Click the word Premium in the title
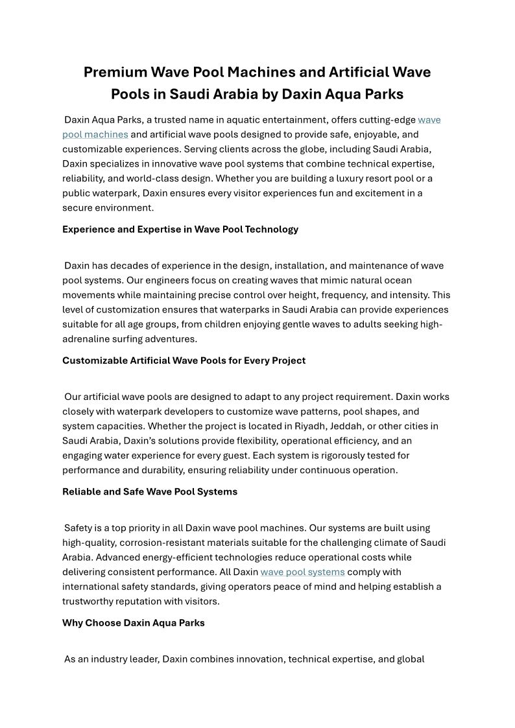[114, 72]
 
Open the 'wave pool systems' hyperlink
[302, 572]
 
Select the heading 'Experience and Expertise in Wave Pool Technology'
[180, 229]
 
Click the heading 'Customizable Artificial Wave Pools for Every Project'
[184, 360]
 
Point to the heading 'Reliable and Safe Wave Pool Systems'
[150, 491]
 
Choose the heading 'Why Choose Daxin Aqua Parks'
[134, 623]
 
